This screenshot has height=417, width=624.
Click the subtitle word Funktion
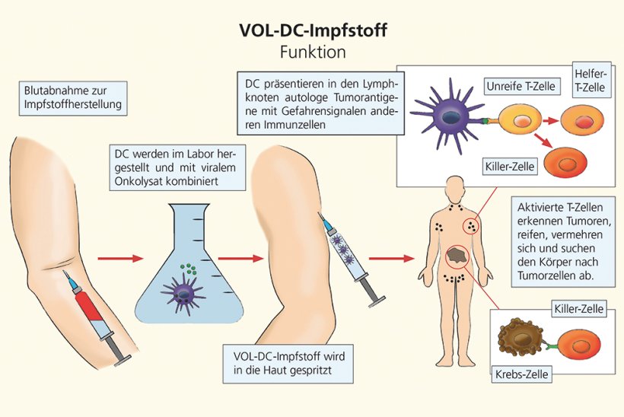[312, 53]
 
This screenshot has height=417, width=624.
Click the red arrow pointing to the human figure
[393, 259]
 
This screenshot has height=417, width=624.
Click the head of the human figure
[455, 185]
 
